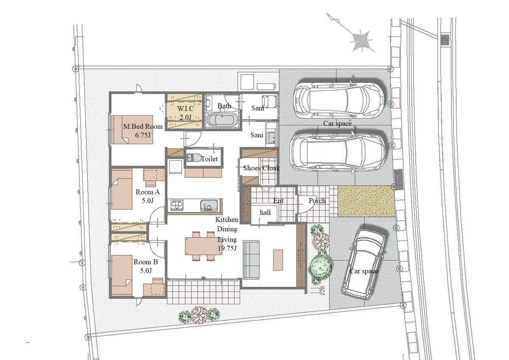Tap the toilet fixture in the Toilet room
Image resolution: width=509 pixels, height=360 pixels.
(193, 157)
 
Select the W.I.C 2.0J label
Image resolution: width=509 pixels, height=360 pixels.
(185, 112)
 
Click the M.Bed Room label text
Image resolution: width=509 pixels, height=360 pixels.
(143, 127)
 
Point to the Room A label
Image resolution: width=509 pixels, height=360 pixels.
(148, 192)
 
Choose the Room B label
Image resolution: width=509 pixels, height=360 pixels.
(145, 262)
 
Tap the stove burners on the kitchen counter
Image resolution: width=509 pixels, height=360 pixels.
(177, 205)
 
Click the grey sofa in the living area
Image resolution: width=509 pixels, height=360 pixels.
(251, 259)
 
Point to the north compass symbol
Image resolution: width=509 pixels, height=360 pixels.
(361, 41)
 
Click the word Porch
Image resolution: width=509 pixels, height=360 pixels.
(317, 200)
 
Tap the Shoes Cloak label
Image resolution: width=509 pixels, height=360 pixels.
(261, 168)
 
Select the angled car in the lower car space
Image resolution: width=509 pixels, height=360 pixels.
(363, 264)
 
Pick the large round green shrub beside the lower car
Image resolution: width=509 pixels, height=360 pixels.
(320, 268)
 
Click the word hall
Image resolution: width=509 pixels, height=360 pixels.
(265, 212)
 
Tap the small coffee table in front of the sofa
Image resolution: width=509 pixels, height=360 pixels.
(278, 260)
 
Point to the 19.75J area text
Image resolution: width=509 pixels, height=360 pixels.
(227, 248)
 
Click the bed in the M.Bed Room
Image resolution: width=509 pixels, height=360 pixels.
(132, 129)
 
